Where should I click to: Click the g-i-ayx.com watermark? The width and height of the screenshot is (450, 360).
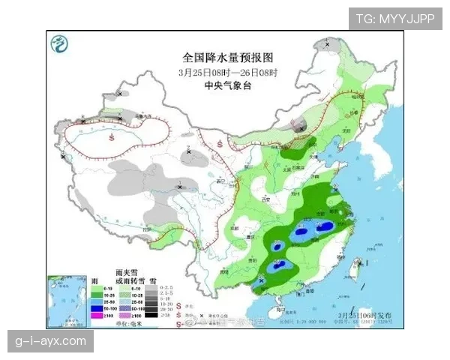(51, 342)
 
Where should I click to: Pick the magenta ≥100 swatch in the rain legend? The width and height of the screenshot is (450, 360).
(96, 315)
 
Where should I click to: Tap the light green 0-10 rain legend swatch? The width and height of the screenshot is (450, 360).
(96, 287)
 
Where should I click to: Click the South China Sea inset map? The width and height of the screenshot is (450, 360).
(64, 300)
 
